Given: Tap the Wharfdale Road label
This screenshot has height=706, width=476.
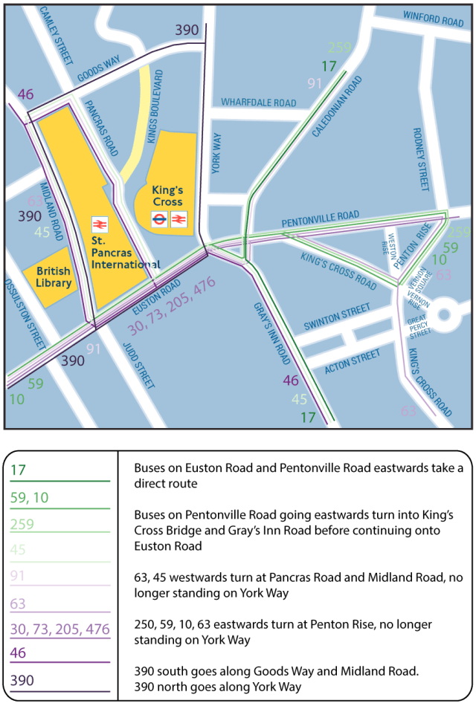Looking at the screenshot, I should coord(259,103).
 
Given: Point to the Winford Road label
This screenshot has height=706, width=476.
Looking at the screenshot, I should coord(433,18).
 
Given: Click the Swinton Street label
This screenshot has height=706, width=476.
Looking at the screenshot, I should coord(337,317).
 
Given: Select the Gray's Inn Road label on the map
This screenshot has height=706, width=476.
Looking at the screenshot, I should coord(271,333).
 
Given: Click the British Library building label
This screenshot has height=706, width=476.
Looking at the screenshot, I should coord(54,276).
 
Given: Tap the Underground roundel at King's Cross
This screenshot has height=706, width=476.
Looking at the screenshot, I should coord(158,219).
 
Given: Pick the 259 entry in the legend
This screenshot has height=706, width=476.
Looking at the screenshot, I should coord(22,524).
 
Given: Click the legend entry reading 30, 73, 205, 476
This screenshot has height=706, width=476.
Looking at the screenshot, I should coord(59,629).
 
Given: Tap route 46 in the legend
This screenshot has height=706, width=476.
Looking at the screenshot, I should coord(19,654).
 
